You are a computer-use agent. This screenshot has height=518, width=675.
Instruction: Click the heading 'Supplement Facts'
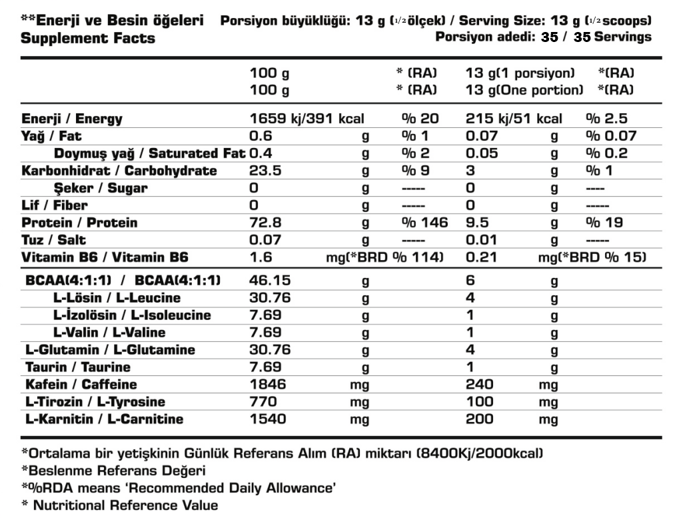tap(88, 38)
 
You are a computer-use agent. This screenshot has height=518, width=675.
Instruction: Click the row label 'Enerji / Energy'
tap(72, 119)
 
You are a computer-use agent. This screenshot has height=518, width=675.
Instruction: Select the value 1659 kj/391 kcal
tap(316, 119)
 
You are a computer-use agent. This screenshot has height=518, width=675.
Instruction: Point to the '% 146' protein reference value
tap(425, 223)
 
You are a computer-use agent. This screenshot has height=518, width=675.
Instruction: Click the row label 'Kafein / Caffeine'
tap(81, 385)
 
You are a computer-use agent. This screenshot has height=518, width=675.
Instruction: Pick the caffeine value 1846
tap(268, 385)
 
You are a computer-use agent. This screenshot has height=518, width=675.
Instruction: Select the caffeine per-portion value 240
tap(480, 385)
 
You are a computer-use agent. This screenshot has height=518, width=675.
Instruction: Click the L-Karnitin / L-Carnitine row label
tap(105, 419)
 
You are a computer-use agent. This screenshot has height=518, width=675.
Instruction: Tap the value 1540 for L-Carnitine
tap(268, 419)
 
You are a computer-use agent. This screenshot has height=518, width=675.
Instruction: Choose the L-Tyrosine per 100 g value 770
tap(263, 402)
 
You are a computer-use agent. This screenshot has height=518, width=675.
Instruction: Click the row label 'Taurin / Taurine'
tap(78, 367)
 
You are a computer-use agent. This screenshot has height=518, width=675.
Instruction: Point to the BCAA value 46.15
tap(269, 281)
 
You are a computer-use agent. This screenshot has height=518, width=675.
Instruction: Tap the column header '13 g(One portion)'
tap(524, 89)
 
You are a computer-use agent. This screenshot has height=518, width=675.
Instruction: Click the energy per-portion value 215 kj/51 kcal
tap(514, 119)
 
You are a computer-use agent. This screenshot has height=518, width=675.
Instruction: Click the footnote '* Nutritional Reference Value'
tap(120, 505)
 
